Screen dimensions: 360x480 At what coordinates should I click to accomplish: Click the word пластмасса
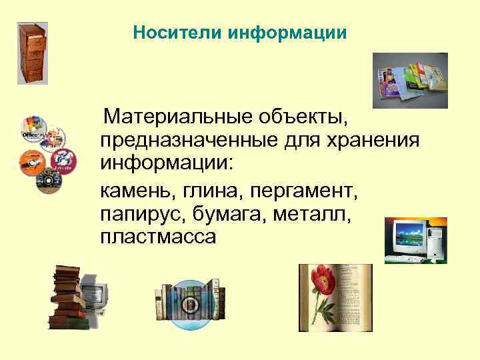tap(159, 237)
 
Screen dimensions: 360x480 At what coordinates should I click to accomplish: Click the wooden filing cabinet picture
tap(33, 53)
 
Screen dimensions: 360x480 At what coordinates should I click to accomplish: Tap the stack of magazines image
tap(409, 79)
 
